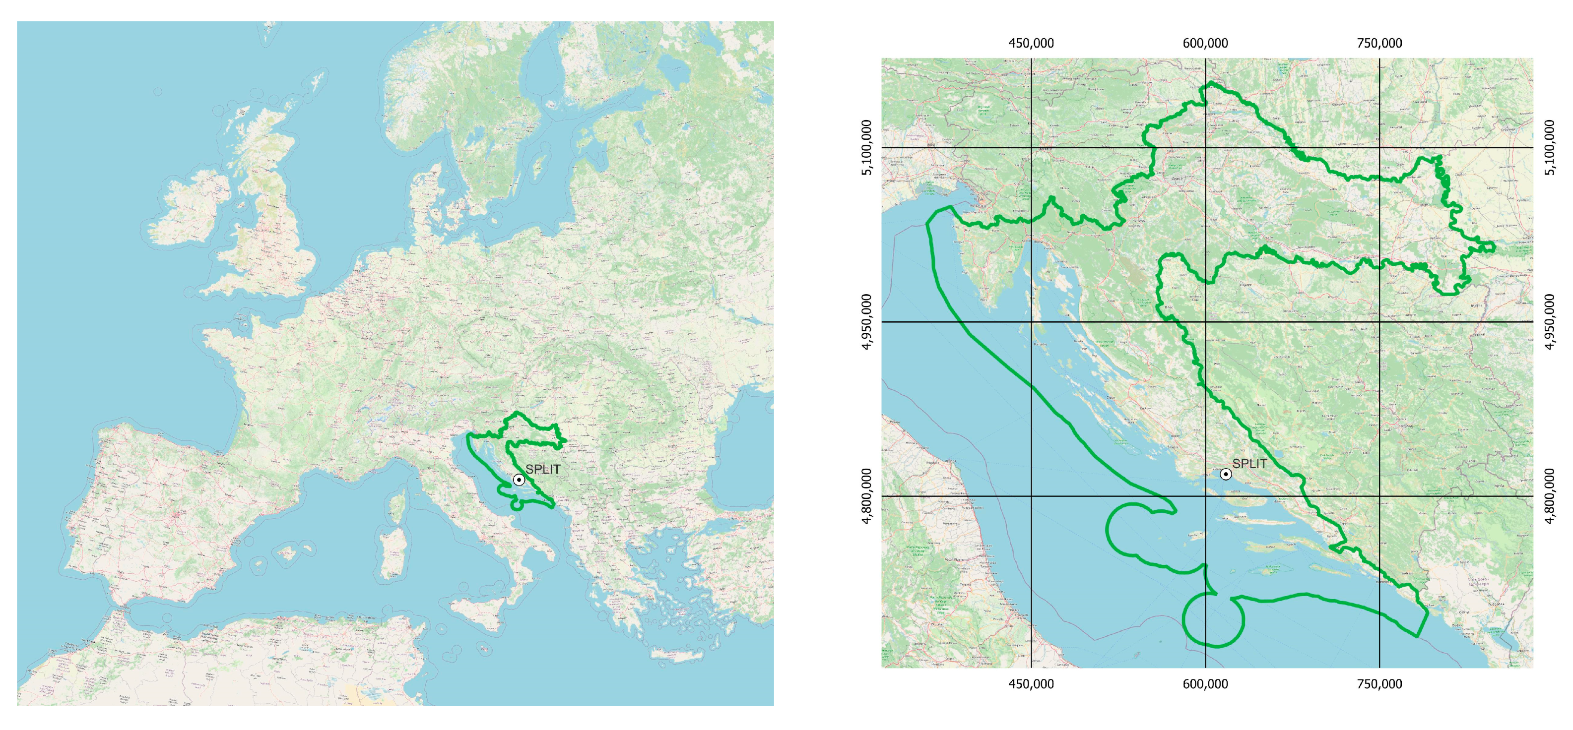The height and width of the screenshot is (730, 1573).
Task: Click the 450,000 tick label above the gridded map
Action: [x=1031, y=43]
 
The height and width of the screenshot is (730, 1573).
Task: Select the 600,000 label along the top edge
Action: [x=1205, y=43]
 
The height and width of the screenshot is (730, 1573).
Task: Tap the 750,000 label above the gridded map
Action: [x=1379, y=43]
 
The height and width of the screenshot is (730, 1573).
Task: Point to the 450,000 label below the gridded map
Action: [x=1031, y=684]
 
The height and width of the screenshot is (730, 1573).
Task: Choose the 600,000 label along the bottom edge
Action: [x=1205, y=684]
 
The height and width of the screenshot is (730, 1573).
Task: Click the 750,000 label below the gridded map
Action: [x=1379, y=684]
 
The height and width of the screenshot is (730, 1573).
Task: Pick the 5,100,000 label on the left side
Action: [x=866, y=147]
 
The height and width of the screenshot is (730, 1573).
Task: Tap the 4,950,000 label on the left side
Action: [x=866, y=322]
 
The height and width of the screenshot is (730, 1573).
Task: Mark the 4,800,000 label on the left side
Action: [x=866, y=495]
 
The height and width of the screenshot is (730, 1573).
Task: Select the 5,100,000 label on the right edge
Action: [x=1549, y=147]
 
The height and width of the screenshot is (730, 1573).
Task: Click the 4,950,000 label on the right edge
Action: [x=1549, y=322]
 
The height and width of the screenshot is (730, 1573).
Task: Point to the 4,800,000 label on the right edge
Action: [x=1549, y=495]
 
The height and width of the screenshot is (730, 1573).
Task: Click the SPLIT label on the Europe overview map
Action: [x=543, y=469]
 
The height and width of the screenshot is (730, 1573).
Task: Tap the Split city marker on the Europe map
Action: [x=519, y=480]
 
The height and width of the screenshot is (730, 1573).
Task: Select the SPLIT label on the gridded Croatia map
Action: [x=1249, y=464]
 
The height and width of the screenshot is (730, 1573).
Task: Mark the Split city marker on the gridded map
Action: [x=1226, y=474]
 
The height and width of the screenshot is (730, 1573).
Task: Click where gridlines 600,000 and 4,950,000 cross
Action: [x=1205, y=322]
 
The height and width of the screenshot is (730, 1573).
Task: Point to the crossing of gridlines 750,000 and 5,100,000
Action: [x=1379, y=148]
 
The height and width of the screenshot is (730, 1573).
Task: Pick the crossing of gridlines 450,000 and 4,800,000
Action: [x=1031, y=495]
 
